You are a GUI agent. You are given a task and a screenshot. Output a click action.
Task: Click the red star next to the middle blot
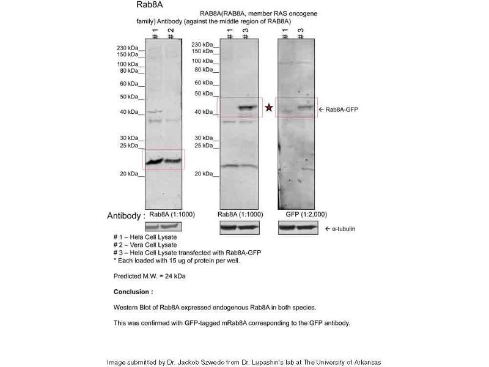pyautogui.click(x=268, y=108)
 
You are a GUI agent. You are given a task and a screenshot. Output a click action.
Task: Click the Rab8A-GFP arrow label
pyautogui.click(x=339, y=109)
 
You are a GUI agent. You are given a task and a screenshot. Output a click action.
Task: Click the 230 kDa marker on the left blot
pyautogui.click(x=130, y=47)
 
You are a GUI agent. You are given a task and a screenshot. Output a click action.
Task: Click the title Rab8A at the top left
pyautogui.click(x=150, y=6)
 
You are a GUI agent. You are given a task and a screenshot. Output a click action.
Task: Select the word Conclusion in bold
pyautogui.click(x=133, y=292)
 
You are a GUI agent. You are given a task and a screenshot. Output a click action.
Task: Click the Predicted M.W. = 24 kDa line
pyautogui.click(x=150, y=276)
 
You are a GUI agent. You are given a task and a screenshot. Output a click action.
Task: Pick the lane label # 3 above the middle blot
pyautogui.click(x=245, y=33)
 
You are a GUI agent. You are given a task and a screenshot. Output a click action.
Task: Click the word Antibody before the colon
pyautogui.click(x=126, y=216)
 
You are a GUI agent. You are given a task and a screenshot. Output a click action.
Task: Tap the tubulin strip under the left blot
pyautogui.click(x=163, y=228)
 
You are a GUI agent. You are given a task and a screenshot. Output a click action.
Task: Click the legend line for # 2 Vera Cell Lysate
pyautogui.click(x=145, y=245)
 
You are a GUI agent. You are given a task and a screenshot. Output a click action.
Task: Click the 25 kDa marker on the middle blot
pyautogui.click(x=205, y=146)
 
